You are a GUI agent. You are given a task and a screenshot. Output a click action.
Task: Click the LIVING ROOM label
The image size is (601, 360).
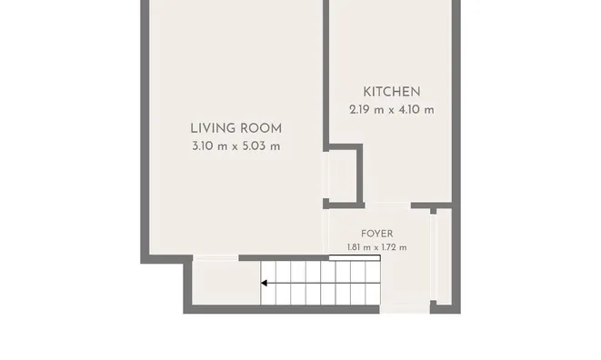coord(236,128)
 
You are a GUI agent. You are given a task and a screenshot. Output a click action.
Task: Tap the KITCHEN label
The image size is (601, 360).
coord(392,92)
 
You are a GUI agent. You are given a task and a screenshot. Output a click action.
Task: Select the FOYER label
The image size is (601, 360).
coord(377,234)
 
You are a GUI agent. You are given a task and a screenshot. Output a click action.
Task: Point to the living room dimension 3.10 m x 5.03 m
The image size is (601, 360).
coord(236,146)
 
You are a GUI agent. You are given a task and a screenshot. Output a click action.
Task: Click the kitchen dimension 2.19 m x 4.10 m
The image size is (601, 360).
coord(392,110)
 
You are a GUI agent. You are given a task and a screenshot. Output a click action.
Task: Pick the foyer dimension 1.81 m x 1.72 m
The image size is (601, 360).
coord(377,247)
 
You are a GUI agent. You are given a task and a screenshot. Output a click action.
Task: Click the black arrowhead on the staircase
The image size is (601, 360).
coord(264,283)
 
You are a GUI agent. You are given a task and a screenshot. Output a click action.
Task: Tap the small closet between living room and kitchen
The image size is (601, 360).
coord(343,176)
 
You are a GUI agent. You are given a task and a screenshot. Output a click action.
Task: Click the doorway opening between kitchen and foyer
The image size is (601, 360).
coord(388,205)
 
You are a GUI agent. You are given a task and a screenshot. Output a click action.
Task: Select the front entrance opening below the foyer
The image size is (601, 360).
coord(405,309)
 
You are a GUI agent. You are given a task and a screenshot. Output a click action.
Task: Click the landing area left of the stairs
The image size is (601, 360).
coord(226,283)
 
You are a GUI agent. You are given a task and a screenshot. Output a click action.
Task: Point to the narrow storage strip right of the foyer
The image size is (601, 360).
coord(445,256)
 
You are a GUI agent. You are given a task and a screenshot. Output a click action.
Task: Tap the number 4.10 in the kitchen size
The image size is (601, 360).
coord(408,110)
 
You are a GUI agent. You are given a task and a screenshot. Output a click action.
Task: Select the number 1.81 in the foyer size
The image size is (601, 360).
coord(355,247)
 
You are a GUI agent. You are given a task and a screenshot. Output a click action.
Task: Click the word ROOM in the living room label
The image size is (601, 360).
coord(262,128)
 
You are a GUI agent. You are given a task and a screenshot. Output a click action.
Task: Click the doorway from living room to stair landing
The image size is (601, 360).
coord(215,257)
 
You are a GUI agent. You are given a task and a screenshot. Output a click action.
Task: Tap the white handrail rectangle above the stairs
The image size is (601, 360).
coord(355,257)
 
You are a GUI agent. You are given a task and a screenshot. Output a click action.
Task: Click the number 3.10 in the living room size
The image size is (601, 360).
coord(200,146)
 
